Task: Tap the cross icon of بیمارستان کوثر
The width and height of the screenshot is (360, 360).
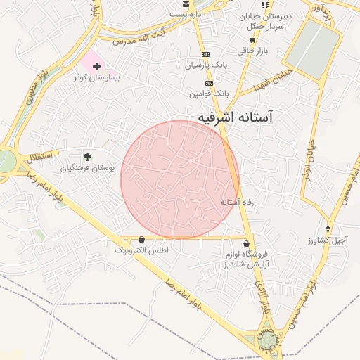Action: click(96, 65)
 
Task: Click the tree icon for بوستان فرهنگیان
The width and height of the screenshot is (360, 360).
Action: click(87, 157)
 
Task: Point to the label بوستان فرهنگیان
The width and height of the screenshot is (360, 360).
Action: click(87, 168)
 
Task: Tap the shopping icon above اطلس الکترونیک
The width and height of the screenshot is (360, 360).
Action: click(142, 240)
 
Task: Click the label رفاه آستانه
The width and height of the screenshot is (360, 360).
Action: click(237, 202)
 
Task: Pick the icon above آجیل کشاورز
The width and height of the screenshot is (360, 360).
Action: click(328, 229)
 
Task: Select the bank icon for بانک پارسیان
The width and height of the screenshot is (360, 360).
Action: click(205, 54)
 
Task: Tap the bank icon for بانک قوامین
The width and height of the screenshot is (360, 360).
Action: click(209, 82)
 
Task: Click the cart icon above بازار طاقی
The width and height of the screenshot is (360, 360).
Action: click(252, 40)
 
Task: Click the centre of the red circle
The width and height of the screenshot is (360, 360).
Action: click(180, 179)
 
